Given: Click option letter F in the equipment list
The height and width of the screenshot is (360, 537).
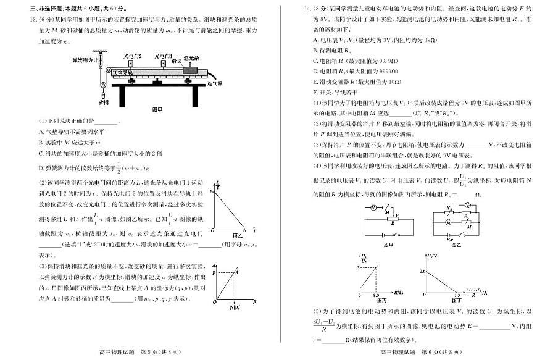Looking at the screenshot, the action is [x=315, y=91].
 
